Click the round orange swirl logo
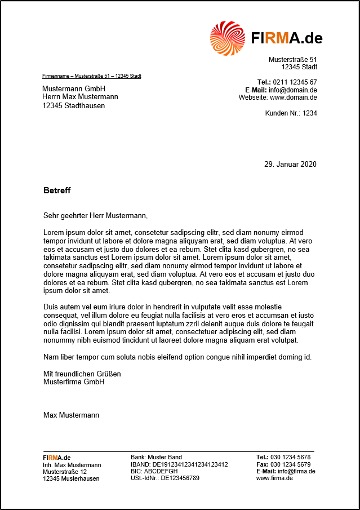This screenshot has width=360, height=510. coord(228,38)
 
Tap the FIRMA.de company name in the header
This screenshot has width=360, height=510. coord(287,38)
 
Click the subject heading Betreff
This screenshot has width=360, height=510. coord(57,190)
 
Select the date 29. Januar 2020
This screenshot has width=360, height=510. coord(290,165)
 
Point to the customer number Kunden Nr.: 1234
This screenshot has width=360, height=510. coord(291,113)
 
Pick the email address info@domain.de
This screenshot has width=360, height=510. coord(292,90)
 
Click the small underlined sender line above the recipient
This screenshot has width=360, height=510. coord(92,76)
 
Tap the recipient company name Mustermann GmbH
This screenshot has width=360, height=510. coord(74,89)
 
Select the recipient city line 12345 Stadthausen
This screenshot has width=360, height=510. coord(74,105)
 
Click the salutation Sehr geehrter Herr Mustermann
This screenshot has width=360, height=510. coord(95,215)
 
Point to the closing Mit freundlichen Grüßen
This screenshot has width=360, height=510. coord(82,374)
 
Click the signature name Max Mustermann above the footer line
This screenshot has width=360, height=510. coord(71,415)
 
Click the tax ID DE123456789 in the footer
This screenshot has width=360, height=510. coord(180,478)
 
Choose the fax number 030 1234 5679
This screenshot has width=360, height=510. coord(290,464)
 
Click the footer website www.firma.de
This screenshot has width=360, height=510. coord(274,478)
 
